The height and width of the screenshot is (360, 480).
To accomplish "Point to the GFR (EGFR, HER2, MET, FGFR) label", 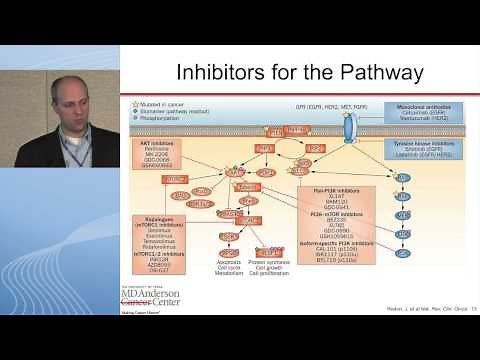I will tap(331, 105).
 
